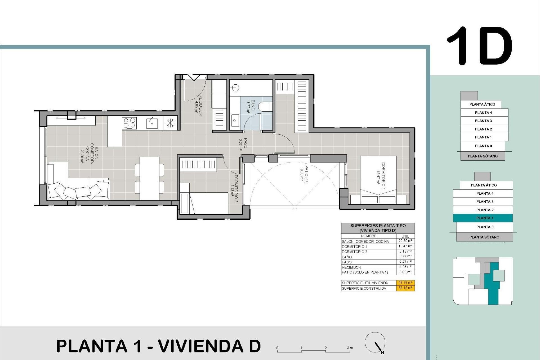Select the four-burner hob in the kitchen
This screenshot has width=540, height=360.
coord(129,123)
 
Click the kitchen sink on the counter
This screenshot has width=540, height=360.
coord(152,123)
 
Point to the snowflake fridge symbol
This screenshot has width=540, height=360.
coord(170,123)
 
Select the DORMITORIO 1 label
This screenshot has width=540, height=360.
coord(381,176)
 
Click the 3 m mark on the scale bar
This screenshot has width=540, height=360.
coord(350,348)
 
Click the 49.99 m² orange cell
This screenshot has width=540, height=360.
coord(405,283)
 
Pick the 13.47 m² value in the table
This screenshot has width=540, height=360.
coord(405,246)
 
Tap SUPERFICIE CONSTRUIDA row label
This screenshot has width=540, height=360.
coord(364,288)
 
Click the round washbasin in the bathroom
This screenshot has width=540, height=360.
coord(236,88)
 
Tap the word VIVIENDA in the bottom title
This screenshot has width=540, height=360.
coord(201,346)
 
